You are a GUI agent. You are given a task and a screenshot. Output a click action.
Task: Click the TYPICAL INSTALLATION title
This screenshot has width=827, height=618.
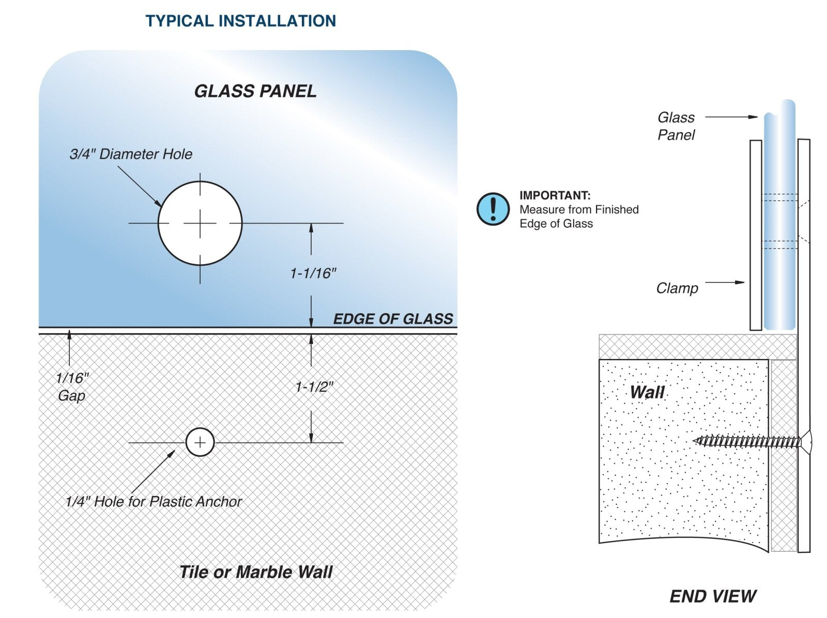coord(240,21)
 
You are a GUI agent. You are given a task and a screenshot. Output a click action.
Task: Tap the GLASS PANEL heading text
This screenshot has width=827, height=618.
coord(255,91)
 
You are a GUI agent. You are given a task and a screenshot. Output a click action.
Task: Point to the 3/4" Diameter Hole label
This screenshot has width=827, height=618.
coord(131,154)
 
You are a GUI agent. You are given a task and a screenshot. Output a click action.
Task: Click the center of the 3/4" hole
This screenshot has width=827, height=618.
coord(200,223)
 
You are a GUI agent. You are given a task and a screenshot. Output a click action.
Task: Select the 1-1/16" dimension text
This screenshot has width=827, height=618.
coord(313,273)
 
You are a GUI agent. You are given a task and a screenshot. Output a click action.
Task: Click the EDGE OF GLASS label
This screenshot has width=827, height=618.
coord(393,319)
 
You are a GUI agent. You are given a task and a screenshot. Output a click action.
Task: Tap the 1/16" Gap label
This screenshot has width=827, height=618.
coord(72,387)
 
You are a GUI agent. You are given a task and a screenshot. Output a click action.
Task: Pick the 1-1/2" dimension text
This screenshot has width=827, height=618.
coord(314,387)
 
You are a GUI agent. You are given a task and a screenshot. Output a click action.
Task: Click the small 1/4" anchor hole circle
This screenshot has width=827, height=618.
coord(200,442)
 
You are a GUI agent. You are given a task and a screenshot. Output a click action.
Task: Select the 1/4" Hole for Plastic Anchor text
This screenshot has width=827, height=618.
coord(154,502)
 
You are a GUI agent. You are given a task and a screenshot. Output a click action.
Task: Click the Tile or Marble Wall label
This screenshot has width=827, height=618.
coord(256,572)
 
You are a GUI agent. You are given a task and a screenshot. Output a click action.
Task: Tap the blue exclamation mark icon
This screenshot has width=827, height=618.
coord(493,209)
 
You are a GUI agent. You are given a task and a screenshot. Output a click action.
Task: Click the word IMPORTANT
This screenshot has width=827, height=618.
coord(555,195)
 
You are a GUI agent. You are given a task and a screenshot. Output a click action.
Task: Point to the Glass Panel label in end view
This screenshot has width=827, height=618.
coord(676,126)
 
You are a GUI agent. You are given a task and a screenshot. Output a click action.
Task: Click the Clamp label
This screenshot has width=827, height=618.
coord(677,288)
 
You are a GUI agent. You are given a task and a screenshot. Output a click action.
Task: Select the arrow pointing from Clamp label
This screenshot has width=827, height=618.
coord(725,283)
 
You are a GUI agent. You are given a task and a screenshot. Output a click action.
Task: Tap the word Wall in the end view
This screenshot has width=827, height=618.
coord(647,392)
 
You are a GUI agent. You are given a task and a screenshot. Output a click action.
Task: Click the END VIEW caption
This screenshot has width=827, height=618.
coord(713,596)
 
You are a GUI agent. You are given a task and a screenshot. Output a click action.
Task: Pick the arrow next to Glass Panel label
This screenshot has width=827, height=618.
coord(731,117)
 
